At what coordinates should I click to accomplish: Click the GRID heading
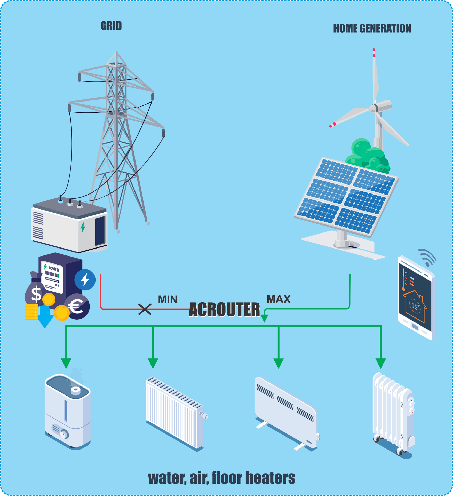(x=111, y=26)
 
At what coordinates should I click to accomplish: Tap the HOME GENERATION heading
(x=372, y=28)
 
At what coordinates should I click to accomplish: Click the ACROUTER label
(x=224, y=309)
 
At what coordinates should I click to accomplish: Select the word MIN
(x=168, y=300)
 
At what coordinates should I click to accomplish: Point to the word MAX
(x=279, y=299)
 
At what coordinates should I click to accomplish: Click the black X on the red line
(x=145, y=309)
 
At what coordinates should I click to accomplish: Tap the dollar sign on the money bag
(x=36, y=294)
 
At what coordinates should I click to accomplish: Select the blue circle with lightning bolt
(x=85, y=280)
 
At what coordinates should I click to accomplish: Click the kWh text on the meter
(x=54, y=269)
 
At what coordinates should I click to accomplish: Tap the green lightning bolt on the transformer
(x=83, y=227)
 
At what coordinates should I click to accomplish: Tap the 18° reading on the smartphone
(x=415, y=306)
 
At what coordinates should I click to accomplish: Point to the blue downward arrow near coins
(x=45, y=319)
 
